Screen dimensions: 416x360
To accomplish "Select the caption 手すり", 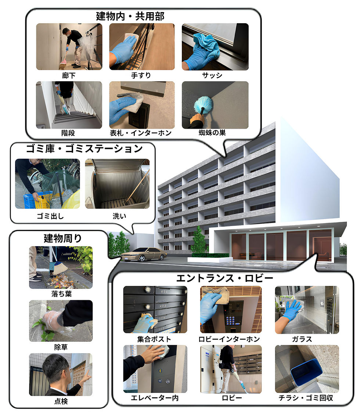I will coord(141,76).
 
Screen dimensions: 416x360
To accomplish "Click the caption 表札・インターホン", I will coord(141,133).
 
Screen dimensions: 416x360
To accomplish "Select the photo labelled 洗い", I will coord(117,184).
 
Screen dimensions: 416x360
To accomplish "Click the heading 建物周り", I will coord(62,238).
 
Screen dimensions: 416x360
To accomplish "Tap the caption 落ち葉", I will coord(61,294).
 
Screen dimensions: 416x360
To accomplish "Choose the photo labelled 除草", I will coord(61,321).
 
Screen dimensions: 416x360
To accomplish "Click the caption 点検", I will coord(61,401).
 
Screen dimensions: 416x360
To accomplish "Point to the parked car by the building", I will coord(144,254).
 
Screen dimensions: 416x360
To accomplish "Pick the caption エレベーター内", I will coord(155,398).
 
